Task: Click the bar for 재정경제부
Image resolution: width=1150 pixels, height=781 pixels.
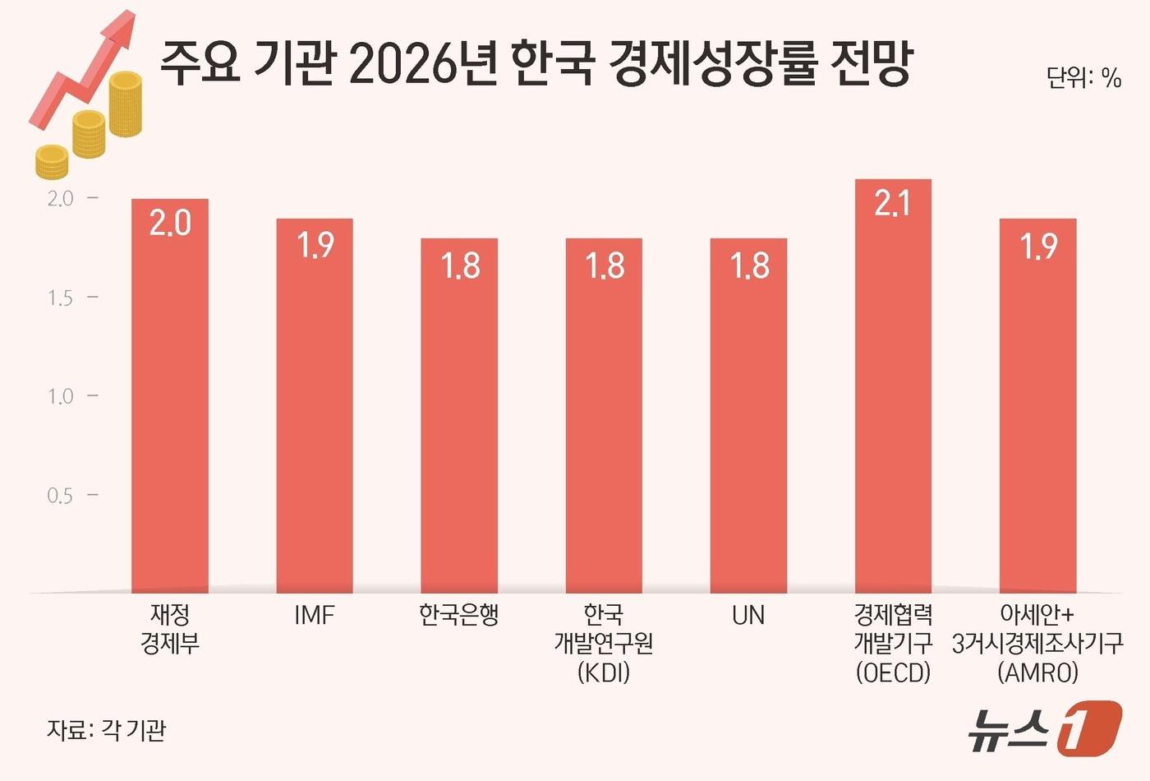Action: pyautogui.click(x=170, y=395)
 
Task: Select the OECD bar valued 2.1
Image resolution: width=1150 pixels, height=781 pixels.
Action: pyautogui.click(x=893, y=386)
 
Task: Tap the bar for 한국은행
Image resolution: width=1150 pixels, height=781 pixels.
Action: pyautogui.click(x=459, y=415)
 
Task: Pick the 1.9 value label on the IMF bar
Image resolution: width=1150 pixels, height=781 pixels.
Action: pyautogui.click(x=315, y=245)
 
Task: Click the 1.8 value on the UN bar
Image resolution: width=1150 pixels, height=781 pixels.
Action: pyautogui.click(x=749, y=266)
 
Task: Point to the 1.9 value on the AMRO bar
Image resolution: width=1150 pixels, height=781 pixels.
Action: pyautogui.click(x=1038, y=246)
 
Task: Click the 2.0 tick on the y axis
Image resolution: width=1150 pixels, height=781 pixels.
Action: pyautogui.click(x=60, y=198)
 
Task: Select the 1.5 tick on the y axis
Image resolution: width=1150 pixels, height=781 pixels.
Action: pyautogui.click(x=60, y=298)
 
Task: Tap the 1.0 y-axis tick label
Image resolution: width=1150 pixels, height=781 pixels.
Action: pyautogui.click(x=60, y=396)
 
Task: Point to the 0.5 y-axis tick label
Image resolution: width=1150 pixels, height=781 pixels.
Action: pyautogui.click(x=60, y=496)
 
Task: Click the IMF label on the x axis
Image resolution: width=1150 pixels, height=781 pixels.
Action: pyautogui.click(x=315, y=615)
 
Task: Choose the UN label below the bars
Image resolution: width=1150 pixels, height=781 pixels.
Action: pyautogui.click(x=748, y=615)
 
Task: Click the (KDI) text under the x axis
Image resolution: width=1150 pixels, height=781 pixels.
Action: pyautogui.click(x=604, y=672)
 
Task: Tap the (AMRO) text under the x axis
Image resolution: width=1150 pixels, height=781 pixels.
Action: pyautogui.click(x=1037, y=672)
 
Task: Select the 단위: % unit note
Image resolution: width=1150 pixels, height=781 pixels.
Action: pyautogui.click(x=1083, y=77)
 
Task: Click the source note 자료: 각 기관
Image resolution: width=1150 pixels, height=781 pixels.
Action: pyautogui.click(x=107, y=729)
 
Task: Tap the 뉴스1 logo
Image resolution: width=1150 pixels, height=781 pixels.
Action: pyautogui.click(x=1043, y=728)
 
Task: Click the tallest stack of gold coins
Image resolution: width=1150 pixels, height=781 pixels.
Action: pyautogui.click(x=126, y=104)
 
